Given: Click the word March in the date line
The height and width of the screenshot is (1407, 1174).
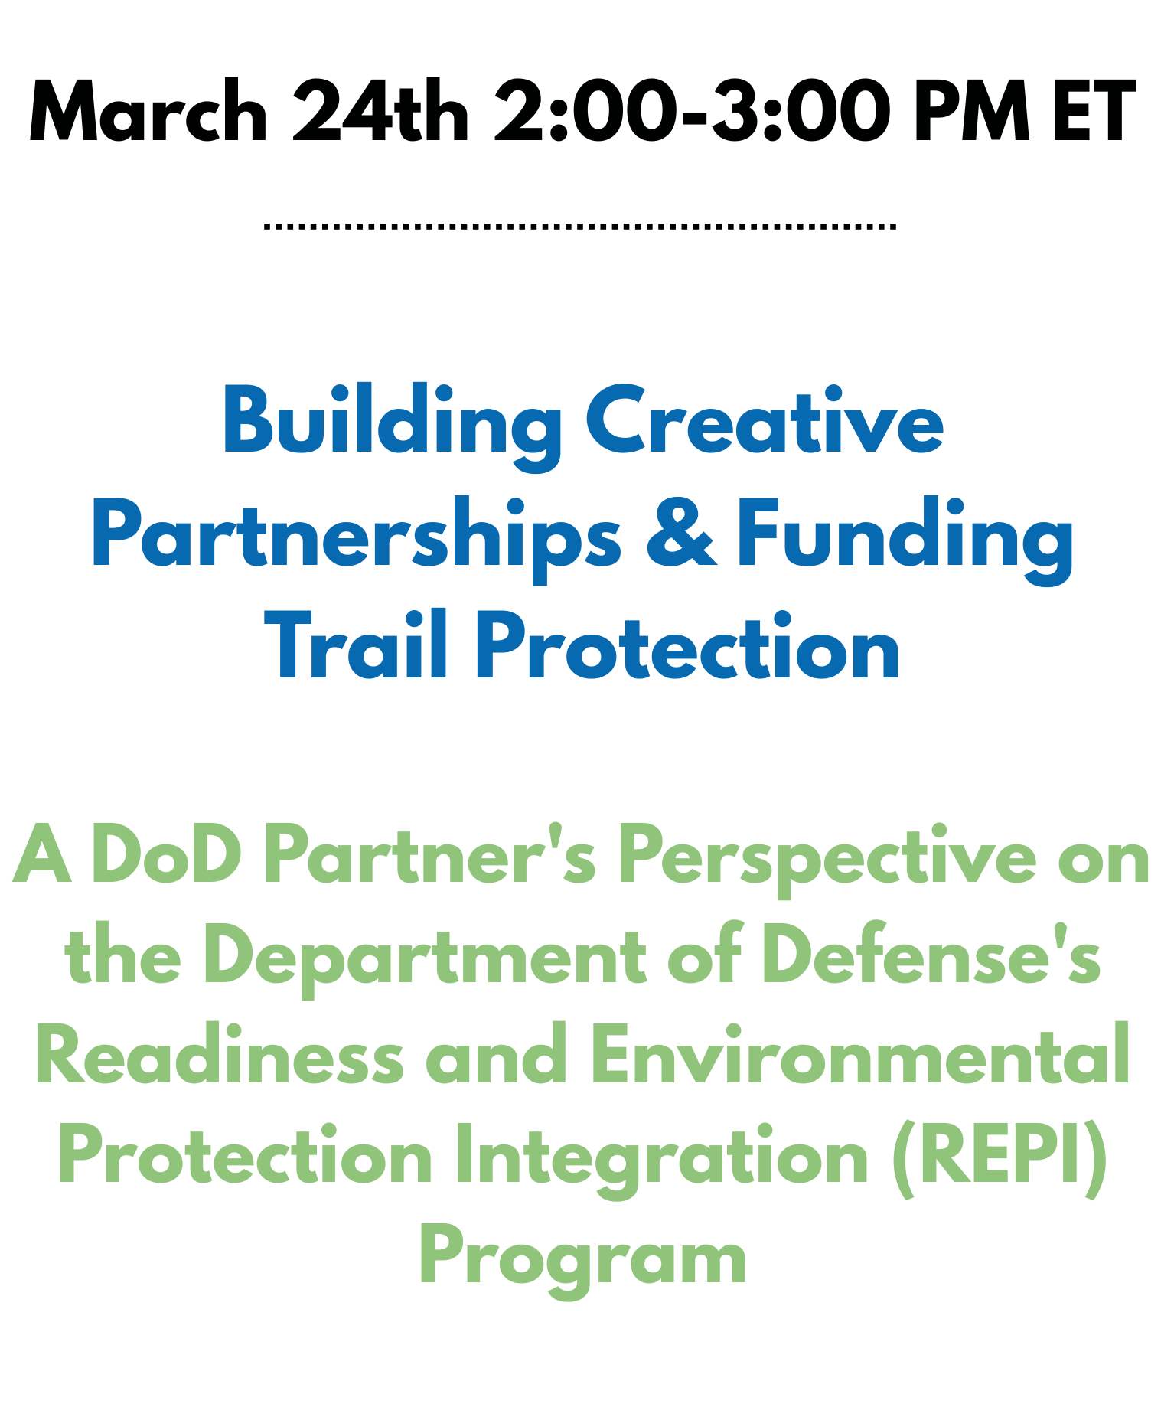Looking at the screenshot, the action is [x=148, y=112].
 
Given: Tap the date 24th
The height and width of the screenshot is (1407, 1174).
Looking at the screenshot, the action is [x=380, y=112].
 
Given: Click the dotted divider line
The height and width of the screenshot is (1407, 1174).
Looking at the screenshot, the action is [x=579, y=227].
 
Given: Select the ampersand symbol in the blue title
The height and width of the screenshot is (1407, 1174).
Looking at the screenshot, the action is [x=681, y=534].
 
